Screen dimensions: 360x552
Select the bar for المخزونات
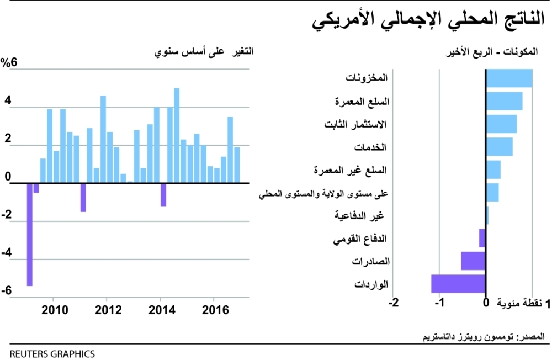tap(509, 78)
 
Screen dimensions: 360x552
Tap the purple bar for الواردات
tap(458, 283)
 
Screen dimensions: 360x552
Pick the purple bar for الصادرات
tap(473, 261)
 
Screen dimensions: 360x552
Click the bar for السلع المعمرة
tap(504, 102)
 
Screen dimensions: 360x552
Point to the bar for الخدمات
tap(499, 147)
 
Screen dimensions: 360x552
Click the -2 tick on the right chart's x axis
tap(394, 303)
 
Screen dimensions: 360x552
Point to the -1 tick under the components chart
tap(440, 303)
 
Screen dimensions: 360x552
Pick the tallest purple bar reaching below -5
tap(30, 234)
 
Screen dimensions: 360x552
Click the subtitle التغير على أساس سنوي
tap(204, 52)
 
